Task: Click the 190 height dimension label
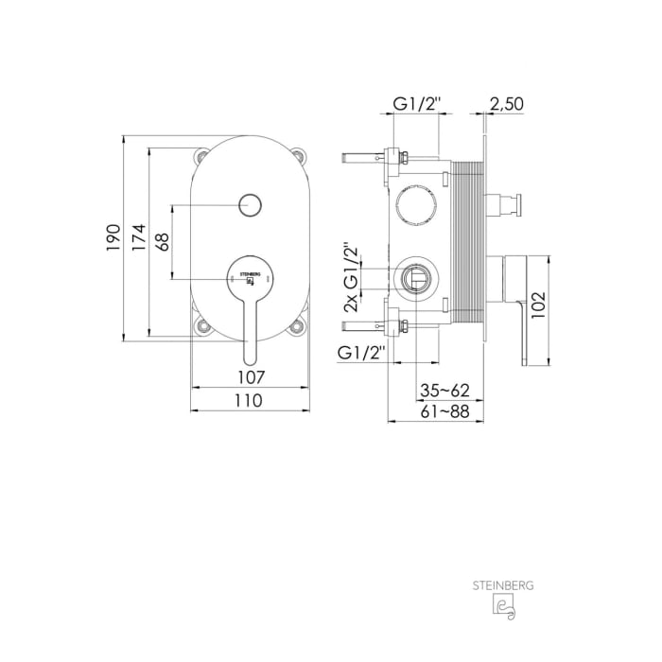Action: (x=113, y=237)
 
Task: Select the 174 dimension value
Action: (x=137, y=237)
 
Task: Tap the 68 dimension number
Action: (x=162, y=241)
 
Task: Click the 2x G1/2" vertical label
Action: (x=352, y=278)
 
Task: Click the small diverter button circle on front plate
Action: (x=250, y=203)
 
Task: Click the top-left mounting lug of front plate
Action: (x=200, y=155)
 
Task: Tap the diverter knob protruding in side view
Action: (x=508, y=203)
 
